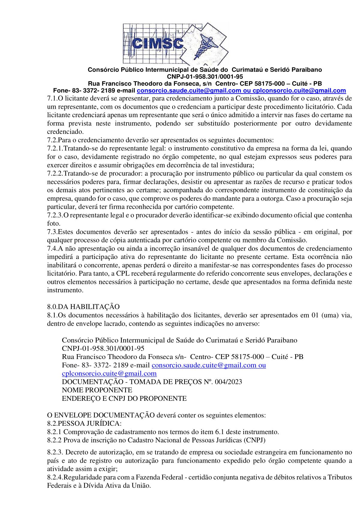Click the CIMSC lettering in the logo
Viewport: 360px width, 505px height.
coord(158,44)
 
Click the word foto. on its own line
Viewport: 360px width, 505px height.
coord(54,224)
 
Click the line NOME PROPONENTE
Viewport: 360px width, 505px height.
coord(97,390)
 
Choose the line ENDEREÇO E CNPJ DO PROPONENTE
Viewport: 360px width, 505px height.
coord(124,399)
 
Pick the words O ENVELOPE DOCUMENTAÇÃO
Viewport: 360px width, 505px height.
coord(101,415)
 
